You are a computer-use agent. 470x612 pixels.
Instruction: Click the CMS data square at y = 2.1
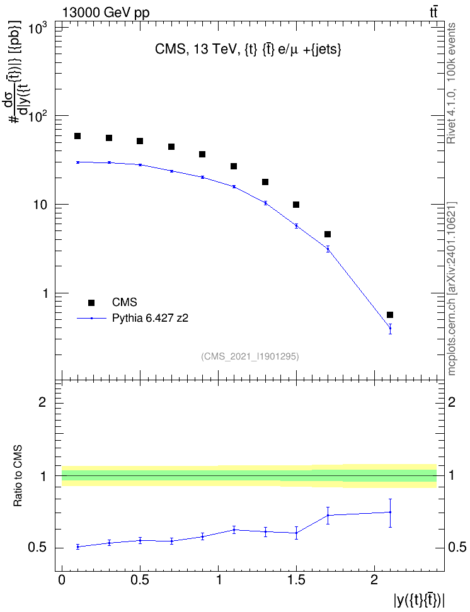coord(390,315)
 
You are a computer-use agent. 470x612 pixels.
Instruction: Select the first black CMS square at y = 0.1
coord(77,136)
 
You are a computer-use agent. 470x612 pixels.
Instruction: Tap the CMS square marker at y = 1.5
coord(296,205)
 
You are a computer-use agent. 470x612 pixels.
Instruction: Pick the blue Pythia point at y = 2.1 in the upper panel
coord(390,328)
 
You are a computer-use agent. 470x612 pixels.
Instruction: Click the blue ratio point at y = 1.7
coord(328,515)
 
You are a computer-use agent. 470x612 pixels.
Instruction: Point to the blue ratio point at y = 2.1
coord(390,512)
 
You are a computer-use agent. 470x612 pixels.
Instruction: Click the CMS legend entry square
coord(91,302)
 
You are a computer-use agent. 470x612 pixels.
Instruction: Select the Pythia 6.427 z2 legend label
coord(150,319)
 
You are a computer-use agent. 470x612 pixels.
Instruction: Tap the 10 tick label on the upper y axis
coord(40,205)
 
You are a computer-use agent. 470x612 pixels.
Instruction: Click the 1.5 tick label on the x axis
coord(296,580)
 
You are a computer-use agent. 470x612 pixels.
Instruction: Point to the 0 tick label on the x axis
coord(62,580)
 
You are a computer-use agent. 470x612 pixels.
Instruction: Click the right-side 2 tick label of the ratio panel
coord(452,402)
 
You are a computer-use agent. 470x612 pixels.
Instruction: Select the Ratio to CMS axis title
coord(18,476)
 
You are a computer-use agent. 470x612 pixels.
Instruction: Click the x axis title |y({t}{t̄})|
coord(420,599)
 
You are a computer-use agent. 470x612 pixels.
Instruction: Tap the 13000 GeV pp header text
coord(106,13)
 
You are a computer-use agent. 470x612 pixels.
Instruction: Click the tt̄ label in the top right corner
coord(433,13)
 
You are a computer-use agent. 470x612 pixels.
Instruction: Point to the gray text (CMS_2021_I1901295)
coord(250,356)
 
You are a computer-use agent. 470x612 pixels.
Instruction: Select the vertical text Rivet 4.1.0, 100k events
coord(451,83)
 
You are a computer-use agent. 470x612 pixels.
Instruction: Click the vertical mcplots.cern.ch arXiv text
coord(452,289)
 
